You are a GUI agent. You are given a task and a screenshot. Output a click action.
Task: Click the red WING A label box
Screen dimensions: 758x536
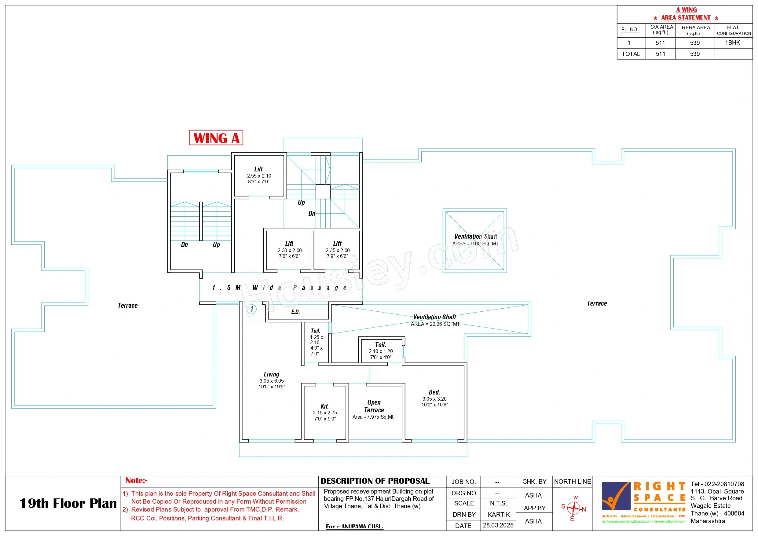[216, 138]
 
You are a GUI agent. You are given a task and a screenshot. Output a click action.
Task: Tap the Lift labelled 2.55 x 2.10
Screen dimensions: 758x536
[259, 175]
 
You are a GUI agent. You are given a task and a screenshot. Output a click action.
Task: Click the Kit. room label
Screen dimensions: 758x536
[324, 406]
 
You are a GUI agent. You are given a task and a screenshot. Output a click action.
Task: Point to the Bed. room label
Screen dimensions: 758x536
[434, 392]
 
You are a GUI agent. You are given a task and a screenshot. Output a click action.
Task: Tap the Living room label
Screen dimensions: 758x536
[271, 374]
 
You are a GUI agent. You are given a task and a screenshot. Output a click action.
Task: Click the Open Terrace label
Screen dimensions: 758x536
[374, 406]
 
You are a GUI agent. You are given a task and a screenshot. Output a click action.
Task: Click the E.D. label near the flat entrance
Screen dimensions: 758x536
[295, 312]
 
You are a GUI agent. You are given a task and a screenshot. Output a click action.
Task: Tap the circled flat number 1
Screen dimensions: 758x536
[252, 309]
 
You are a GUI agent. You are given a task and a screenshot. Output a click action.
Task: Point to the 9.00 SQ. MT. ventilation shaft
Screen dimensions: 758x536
[474, 240]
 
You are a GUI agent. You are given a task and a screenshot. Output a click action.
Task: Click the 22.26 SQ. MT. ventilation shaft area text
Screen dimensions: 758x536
[436, 324]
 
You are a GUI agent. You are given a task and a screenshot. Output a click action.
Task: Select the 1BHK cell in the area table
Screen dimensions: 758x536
[733, 42]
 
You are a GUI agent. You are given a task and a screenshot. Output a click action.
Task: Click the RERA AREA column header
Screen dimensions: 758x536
[696, 28]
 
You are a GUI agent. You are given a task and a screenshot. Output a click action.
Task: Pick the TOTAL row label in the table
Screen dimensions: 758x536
[631, 54]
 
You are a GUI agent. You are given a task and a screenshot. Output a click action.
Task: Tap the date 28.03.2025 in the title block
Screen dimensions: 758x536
[498, 525]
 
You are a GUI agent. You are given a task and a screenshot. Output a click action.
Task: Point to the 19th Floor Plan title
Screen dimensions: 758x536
[68, 503]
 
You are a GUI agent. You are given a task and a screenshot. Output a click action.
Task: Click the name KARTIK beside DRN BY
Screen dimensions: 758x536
[499, 515]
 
